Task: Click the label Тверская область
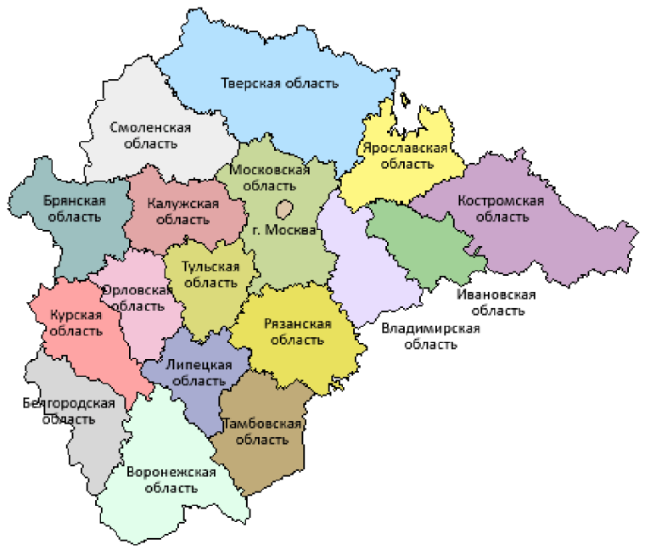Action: point(279,83)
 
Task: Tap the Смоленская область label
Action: point(150,136)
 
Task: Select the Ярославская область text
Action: point(405,155)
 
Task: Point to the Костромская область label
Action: point(501,209)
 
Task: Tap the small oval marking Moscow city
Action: point(286,207)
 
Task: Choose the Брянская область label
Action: point(74,209)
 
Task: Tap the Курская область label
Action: point(76,323)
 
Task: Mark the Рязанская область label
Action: point(296,332)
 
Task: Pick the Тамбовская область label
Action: point(261,431)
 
